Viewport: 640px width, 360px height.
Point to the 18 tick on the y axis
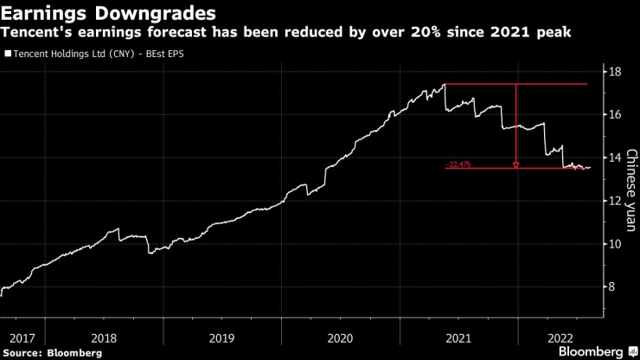coord(615,71)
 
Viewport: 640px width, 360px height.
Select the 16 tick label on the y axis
coord(615,114)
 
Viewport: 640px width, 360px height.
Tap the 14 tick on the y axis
coord(615,157)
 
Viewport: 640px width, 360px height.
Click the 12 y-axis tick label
coord(615,201)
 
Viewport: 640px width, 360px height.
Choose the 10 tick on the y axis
coord(615,244)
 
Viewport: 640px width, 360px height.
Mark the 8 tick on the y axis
coord(615,287)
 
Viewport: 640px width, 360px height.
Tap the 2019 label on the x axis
coord(222,337)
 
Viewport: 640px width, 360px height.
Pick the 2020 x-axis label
coord(340,337)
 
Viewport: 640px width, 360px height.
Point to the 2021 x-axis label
coord(458,337)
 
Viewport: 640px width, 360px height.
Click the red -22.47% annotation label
coord(458,164)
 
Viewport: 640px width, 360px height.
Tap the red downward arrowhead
coord(515,164)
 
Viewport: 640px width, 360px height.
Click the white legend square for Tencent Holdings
coord(8,54)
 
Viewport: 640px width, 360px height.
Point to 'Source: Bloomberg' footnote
coord(53,352)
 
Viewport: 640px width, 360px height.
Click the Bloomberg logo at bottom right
coord(597,351)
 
